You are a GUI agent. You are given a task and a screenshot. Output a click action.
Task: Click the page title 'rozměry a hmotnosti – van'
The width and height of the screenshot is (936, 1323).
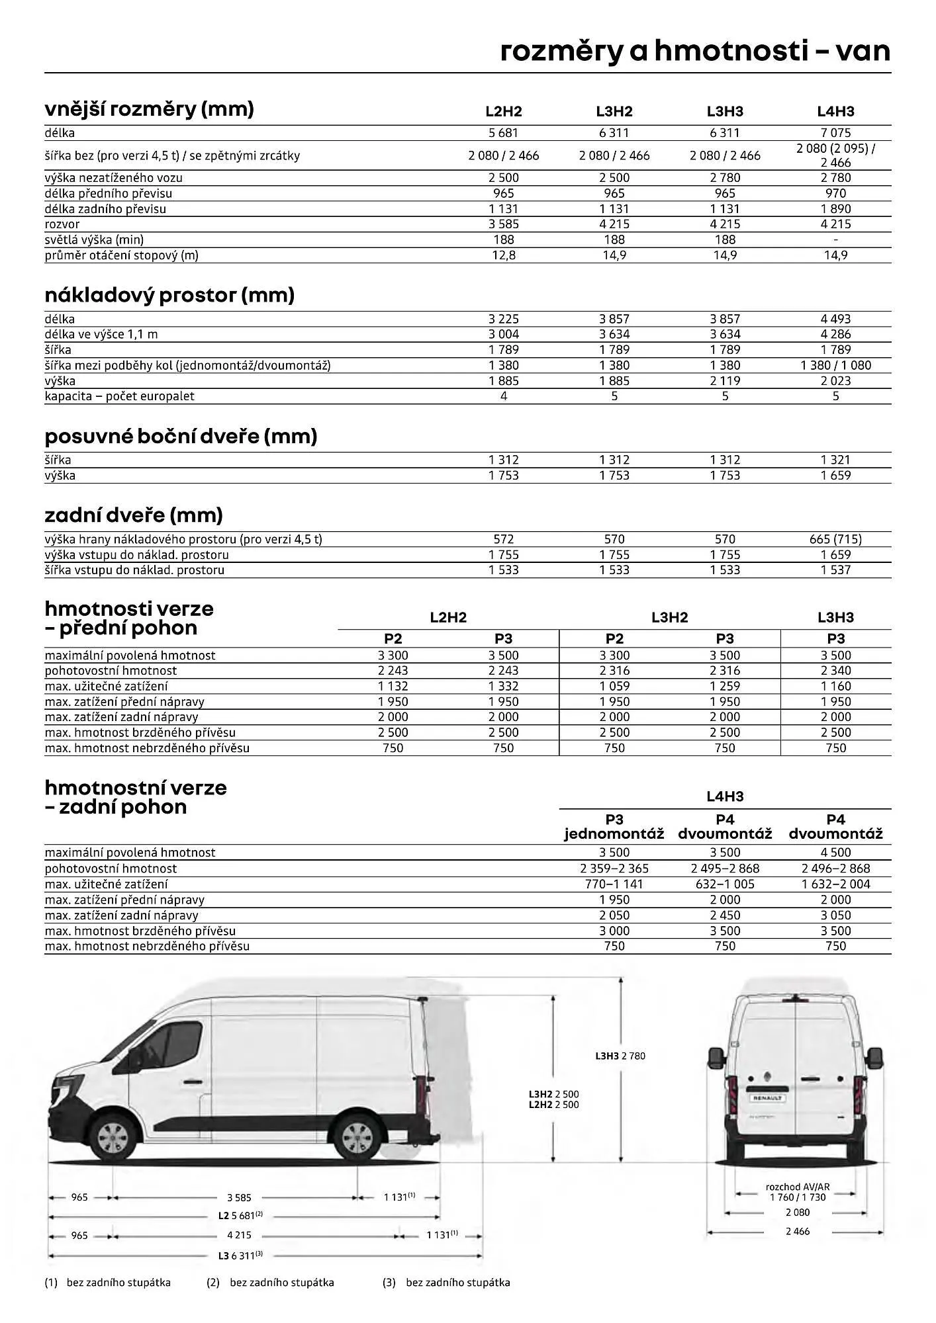[695, 52]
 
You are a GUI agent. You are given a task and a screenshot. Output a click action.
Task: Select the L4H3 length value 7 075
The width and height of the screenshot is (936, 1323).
[835, 133]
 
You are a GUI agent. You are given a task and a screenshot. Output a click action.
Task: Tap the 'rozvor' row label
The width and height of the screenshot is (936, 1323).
[62, 224]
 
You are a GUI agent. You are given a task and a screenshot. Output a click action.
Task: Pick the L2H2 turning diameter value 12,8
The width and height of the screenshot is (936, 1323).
[503, 255]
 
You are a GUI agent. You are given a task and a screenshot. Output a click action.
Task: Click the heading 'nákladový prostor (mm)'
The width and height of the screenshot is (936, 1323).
[169, 295]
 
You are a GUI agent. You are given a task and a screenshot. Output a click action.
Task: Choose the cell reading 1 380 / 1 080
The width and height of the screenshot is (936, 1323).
[835, 365]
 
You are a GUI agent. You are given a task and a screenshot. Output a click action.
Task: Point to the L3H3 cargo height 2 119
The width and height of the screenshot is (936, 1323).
[725, 381]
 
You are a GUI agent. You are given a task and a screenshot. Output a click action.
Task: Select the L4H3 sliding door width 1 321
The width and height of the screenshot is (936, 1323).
[835, 460]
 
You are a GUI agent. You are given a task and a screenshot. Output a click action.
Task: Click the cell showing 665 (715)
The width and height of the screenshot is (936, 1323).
[835, 539]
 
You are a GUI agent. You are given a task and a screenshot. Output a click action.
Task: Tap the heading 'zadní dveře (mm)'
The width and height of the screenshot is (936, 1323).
[134, 515]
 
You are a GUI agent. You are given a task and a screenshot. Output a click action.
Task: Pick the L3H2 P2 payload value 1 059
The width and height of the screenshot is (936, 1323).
[614, 686]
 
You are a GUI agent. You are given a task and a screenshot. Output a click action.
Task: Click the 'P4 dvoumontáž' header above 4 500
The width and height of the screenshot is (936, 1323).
[835, 827]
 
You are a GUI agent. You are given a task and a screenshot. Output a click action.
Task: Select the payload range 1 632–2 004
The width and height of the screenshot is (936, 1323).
[835, 884]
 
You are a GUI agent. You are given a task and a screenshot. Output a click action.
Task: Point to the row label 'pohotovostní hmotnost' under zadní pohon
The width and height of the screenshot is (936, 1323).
[111, 869]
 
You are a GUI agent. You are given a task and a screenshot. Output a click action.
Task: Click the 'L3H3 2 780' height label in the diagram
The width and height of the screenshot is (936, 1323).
[620, 1056]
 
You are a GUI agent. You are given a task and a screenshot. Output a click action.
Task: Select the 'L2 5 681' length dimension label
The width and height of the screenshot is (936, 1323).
[240, 1215]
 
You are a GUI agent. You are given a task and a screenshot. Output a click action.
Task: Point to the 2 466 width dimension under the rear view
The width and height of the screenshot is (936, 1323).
[797, 1231]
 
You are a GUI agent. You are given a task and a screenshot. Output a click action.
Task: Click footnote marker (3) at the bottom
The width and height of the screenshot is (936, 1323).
[389, 1283]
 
